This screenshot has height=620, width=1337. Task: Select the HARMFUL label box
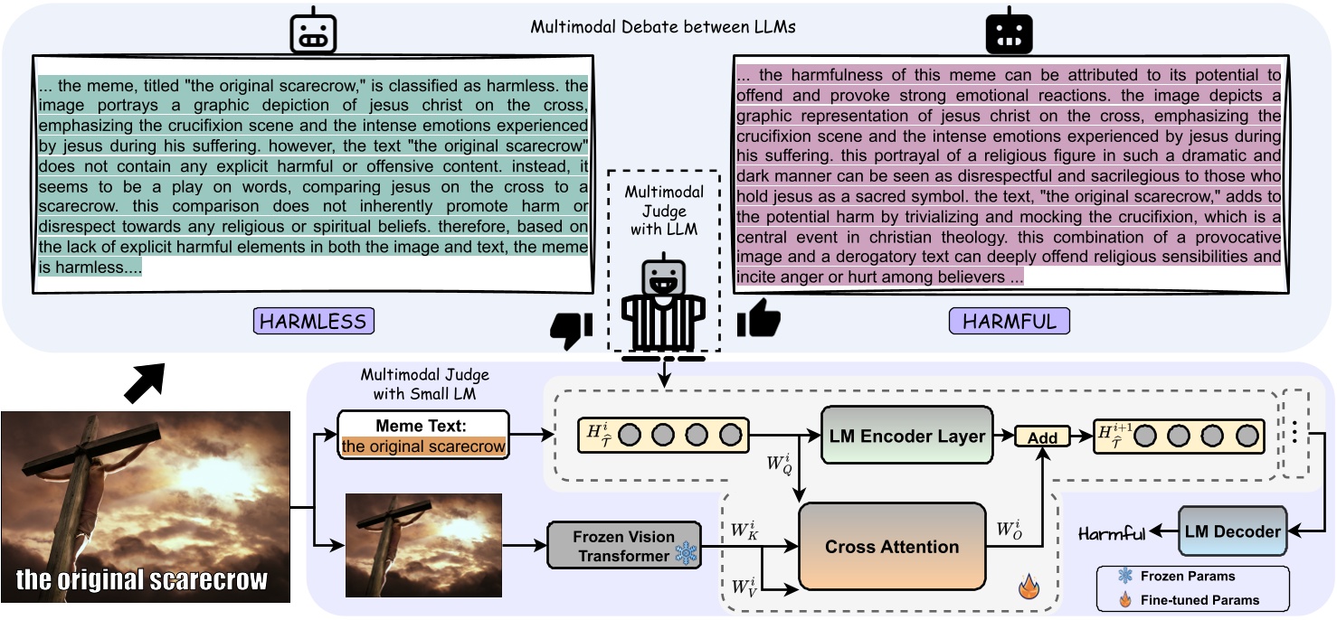coord(1009,321)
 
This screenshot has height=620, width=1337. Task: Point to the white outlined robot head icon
coord(312,33)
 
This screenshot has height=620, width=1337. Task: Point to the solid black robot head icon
coord(1009,33)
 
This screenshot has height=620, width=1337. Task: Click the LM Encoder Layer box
coord(906,436)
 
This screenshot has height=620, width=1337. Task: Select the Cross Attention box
coord(891,547)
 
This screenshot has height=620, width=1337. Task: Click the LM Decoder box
coord(1231,531)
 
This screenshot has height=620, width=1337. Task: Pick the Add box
coord(1042,437)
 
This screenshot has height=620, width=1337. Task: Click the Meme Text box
coord(423,436)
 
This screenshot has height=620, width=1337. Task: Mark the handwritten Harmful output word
coord(1112,534)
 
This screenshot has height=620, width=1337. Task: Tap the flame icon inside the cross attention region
coord(1029,588)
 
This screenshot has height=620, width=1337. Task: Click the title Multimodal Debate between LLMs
coord(663,26)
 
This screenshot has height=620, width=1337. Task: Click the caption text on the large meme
coord(142,578)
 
